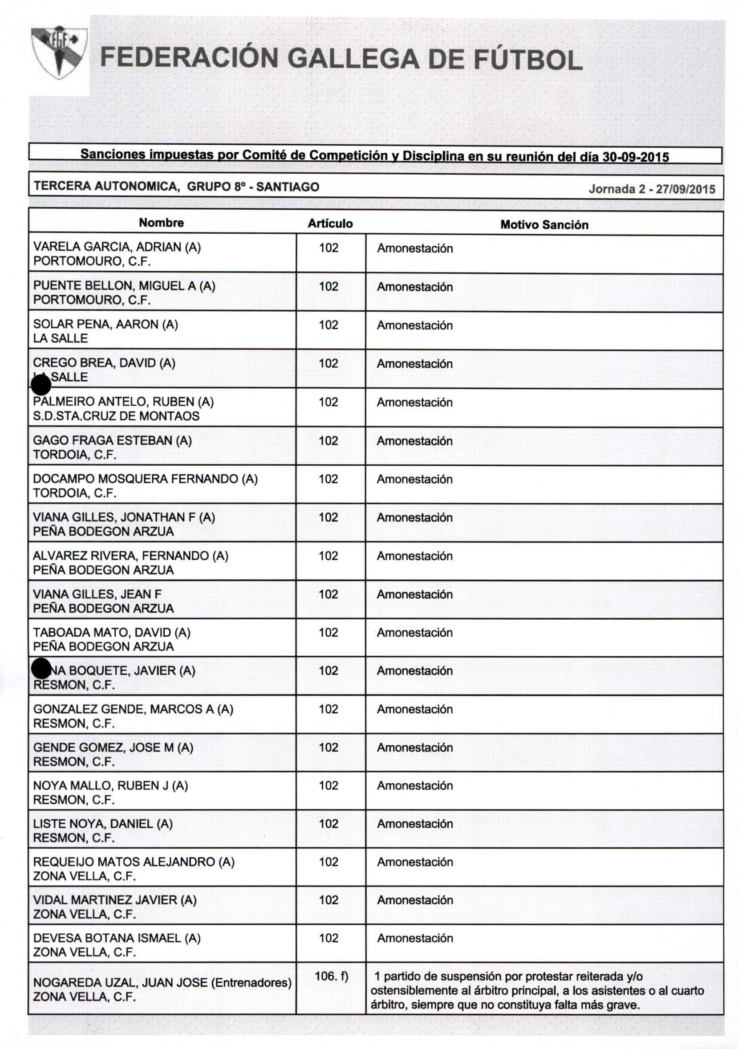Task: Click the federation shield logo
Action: [59, 52]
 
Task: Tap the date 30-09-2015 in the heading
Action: [635, 157]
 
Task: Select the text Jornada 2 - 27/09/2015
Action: [651, 189]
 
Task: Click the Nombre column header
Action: [161, 223]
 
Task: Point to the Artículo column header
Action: [330, 224]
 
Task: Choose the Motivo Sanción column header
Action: [544, 225]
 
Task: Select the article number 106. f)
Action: [331, 976]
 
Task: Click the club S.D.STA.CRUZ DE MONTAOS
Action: [116, 416]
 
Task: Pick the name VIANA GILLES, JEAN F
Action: [97, 594]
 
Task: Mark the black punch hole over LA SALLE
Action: [41, 385]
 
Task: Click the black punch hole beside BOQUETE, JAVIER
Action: [41, 669]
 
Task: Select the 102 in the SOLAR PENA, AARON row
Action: [328, 325]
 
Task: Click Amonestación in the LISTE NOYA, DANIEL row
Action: [415, 824]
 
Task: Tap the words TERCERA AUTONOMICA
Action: [105, 187]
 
